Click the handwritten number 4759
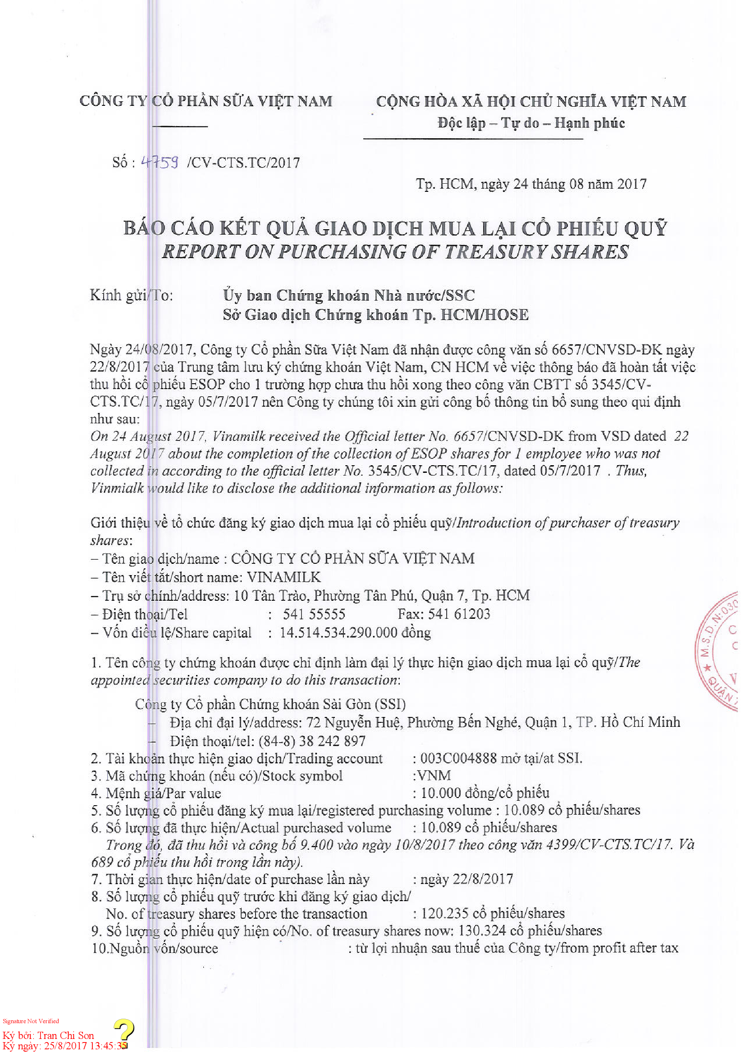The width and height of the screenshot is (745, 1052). coord(159,162)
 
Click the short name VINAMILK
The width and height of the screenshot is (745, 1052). coord(283,576)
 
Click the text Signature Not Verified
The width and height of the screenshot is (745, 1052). coord(31,1021)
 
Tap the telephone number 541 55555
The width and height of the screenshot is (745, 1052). coord(314,614)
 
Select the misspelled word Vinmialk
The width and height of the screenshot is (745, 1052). coord(117,488)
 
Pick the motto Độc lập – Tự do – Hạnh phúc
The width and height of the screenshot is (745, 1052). coord(531,123)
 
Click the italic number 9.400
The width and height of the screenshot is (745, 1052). coord(316,844)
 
